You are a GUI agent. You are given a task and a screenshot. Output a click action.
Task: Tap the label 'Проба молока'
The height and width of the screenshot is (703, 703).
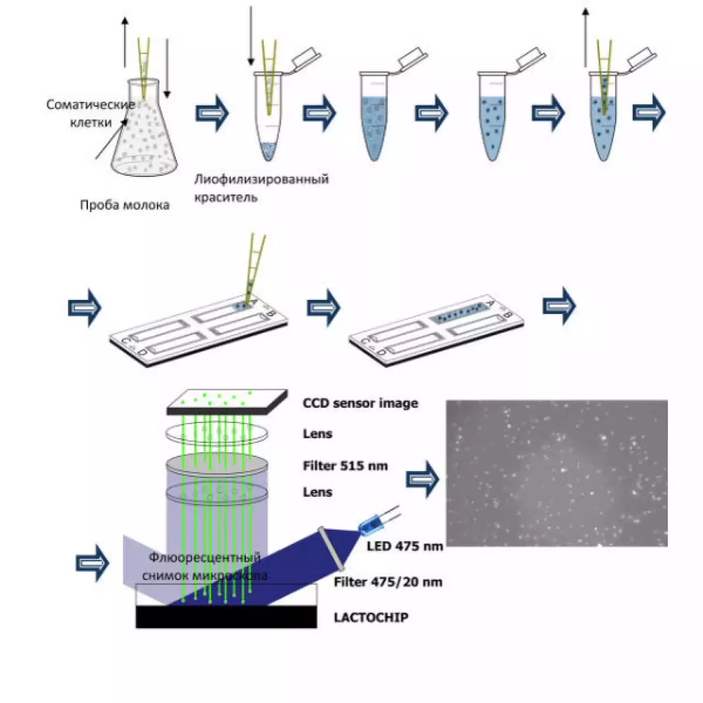pos(125,205)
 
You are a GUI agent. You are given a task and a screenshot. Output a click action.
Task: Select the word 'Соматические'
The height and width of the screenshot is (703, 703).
pos(90,105)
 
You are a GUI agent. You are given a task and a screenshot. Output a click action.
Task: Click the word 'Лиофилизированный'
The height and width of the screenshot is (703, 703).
pos(262,179)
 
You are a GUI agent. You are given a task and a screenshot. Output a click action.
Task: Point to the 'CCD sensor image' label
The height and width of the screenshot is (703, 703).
pos(360,403)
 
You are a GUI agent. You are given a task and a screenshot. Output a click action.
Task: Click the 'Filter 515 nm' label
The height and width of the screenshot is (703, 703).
pos(345,466)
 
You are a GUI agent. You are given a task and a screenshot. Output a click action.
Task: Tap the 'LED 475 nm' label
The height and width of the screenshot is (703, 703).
pos(404,546)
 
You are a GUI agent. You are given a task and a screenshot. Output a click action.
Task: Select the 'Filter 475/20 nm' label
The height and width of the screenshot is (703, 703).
pos(388,582)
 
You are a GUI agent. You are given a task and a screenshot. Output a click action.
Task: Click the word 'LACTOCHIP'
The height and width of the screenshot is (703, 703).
pos(371,617)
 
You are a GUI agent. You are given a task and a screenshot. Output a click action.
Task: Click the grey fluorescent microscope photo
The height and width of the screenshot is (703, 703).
pos(556,473)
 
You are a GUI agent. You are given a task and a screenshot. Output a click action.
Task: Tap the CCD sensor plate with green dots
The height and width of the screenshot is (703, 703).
pos(227,402)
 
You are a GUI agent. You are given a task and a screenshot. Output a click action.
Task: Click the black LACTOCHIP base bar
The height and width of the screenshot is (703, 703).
pos(226,616)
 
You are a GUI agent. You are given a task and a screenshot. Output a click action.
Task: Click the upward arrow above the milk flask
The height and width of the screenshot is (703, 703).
pos(125,42)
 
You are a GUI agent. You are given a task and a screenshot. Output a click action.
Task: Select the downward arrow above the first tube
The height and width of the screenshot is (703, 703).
pos(251,35)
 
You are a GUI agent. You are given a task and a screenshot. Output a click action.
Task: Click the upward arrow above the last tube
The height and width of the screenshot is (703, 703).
pos(585,37)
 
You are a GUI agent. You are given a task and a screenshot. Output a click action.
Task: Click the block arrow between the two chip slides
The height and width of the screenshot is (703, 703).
pos(323,307)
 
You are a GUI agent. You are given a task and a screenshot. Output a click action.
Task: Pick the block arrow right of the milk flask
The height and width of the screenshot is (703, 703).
pos(212,113)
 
